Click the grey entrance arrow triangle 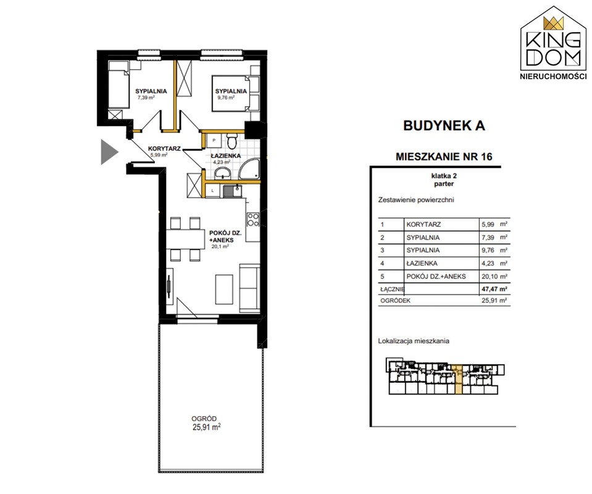[x=108, y=152]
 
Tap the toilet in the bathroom [x=232, y=141]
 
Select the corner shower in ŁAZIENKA [x=249, y=169]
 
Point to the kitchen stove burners [x=252, y=219]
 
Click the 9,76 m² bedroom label [x=226, y=97]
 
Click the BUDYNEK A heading [x=444, y=125]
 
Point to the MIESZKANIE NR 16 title [x=444, y=156]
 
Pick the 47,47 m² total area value [x=494, y=289]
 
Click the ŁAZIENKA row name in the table [x=422, y=263]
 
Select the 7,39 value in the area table [x=488, y=237]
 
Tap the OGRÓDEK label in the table [x=395, y=301]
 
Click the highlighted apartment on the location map [x=457, y=379]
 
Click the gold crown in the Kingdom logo [x=553, y=23]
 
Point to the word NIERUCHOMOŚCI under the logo [x=554, y=77]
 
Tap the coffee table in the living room [x=224, y=289]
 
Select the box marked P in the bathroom [x=214, y=140]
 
